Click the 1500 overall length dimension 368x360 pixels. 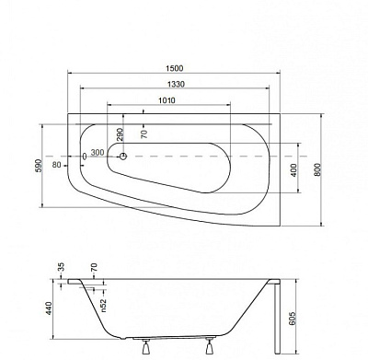coord(174,68)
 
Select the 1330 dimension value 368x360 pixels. coord(176,84)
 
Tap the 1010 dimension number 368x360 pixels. coord(167,100)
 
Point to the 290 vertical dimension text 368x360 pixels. coord(120,134)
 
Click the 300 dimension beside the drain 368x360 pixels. coord(98,153)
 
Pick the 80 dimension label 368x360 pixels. coord(57,165)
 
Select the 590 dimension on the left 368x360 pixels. coord(39,166)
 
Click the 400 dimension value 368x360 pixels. coord(293,170)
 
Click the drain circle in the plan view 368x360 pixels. coord(123,157)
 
